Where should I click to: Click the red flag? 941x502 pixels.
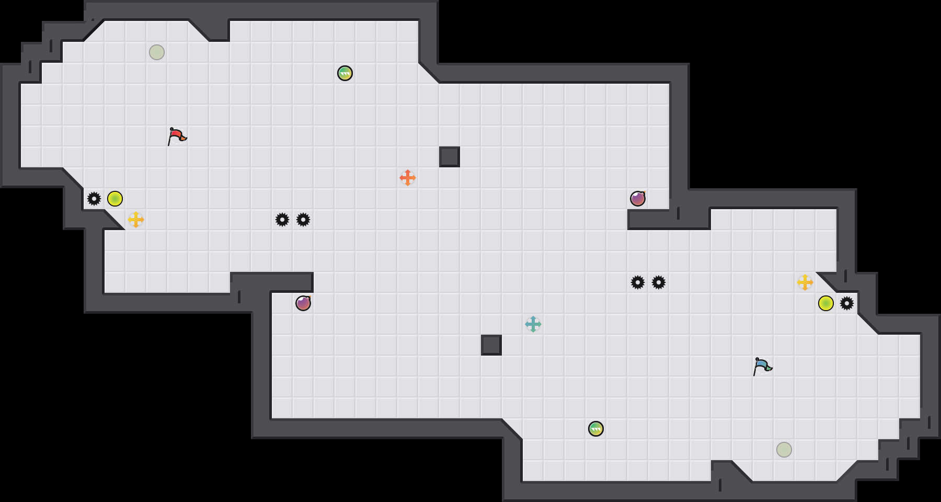pos(177,136)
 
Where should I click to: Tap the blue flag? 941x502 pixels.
pos(762,366)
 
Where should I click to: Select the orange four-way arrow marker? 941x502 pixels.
pos(408,178)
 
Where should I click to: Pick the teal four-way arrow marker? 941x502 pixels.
pos(533,324)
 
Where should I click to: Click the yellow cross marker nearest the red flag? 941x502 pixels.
pos(136,220)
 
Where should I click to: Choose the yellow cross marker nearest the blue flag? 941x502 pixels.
pos(805,282)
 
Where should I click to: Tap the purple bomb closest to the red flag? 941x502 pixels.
pos(303,303)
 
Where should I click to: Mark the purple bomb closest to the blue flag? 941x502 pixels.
pos(638,199)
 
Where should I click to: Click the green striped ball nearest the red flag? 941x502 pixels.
pos(345,73)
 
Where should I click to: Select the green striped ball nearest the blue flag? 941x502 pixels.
pos(596,429)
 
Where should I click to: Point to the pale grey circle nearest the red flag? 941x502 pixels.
pos(157,52)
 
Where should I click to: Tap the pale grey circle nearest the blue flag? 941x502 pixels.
pos(784,450)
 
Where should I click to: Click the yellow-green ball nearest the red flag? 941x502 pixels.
pos(115,199)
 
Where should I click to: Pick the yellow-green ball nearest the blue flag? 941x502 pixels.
pos(826,303)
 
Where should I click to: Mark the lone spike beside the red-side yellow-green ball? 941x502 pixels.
pos(94,199)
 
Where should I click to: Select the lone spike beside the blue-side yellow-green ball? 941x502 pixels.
pos(847,303)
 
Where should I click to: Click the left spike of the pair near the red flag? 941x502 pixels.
pos(282,220)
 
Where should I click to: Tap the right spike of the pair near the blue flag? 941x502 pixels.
pos(659,282)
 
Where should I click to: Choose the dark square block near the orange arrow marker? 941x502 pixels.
pos(450,157)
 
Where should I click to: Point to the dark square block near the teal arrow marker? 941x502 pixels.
pos(491,345)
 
